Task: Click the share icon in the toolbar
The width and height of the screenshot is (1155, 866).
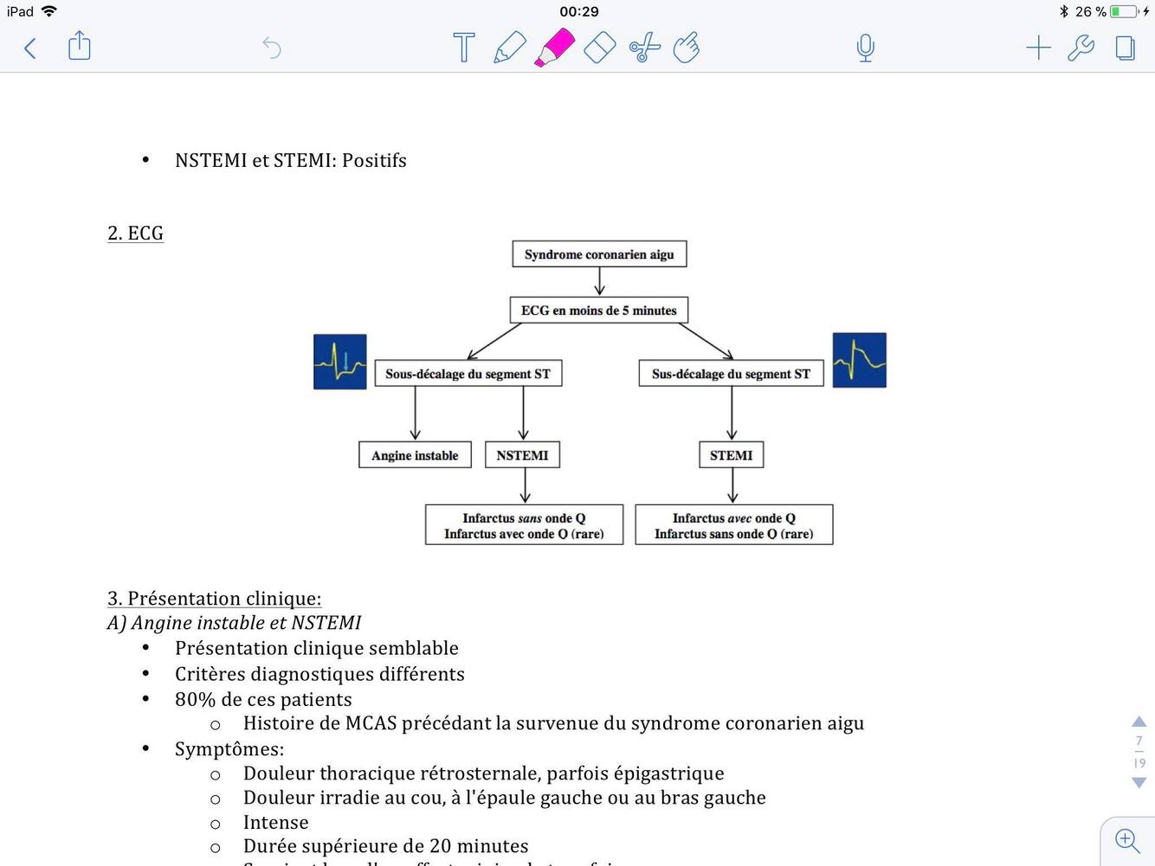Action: (x=79, y=46)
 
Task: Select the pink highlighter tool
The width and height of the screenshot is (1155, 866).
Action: (x=554, y=48)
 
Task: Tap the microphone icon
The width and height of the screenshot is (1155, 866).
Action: (x=865, y=48)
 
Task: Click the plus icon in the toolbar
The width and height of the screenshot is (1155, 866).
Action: (x=1038, y=48)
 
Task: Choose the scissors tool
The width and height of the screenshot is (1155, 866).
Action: (x=644, y=48)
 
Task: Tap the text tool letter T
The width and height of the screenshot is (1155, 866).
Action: (x=464, y=48)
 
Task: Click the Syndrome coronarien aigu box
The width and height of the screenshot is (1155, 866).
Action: (x=599, y=254)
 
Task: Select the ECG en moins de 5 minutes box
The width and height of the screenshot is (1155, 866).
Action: (x=598, y=311)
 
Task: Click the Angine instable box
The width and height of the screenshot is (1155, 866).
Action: (x=415, y=455)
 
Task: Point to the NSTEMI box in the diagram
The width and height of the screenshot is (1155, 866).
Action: (x=522, y=455)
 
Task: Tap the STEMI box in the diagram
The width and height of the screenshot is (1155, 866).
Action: (x=731, y=455)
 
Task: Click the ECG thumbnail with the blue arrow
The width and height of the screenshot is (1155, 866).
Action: (x=340, y=362)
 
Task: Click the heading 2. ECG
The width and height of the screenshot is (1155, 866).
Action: (x=135, y=234)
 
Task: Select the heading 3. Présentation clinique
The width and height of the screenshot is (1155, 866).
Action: (x=214, y=599)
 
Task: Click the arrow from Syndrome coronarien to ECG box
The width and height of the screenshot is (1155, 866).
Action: (x=599, y=282)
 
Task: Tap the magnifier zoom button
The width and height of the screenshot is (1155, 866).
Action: (x=1126, y=839)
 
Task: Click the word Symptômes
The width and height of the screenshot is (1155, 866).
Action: (x=229, y=749)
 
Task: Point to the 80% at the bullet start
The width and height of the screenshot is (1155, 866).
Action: (x=195, y=699)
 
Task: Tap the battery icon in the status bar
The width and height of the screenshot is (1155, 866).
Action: (x=1123, y=11)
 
